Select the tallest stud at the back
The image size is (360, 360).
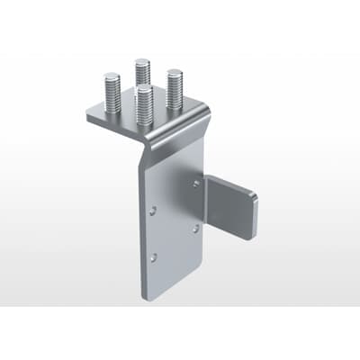point(142,77)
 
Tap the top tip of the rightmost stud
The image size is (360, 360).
point(175,74)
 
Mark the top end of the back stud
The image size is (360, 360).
point(142,61)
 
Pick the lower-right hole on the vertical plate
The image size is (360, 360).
point(195,228)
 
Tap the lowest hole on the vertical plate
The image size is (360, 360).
point(154,257)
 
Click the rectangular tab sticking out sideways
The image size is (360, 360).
point(232,208)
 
